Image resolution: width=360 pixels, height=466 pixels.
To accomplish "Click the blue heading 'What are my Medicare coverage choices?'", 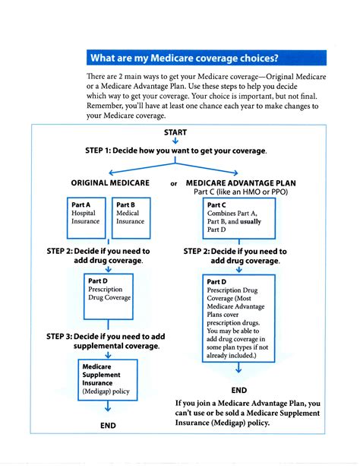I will pos(183,59).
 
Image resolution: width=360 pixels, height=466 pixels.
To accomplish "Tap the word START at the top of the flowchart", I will pos(175,132).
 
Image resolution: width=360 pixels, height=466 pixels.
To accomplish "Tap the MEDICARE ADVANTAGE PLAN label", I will pos(241,183).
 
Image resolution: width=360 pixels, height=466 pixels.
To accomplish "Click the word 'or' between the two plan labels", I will pos(174,184).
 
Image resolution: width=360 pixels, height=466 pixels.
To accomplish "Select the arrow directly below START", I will pos(175,141).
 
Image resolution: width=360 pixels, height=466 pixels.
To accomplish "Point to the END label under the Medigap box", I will pos(108,426).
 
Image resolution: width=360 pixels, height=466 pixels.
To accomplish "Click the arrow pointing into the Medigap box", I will pos(109,354).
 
